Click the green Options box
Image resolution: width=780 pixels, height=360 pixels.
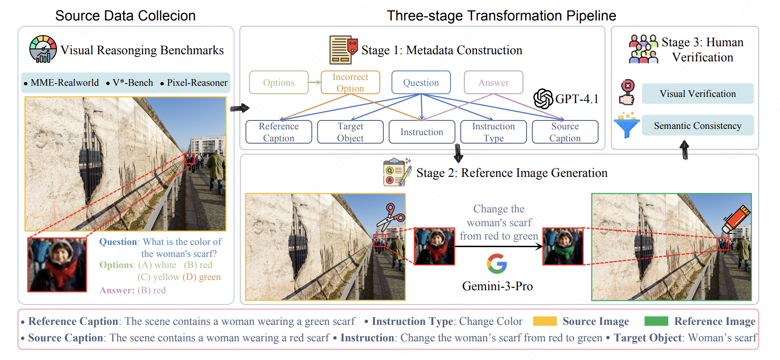pos(279,82)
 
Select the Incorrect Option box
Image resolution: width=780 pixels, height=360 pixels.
pos(350,82)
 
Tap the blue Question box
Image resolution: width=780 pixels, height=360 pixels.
pos(421,82)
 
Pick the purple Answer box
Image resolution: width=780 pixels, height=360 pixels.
pos(494,82)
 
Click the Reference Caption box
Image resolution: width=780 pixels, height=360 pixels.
pos(279,132)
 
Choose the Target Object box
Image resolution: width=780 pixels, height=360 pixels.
pos(350,132)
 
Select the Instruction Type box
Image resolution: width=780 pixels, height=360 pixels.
pos(494,132)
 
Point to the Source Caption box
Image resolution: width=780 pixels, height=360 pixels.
pos(565,132)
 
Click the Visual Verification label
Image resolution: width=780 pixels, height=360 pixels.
pos(698,94)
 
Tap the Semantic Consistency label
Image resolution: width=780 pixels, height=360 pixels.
pos(698,126)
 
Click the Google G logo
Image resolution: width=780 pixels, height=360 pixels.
pos(497,264)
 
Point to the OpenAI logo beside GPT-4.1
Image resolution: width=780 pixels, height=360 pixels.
pos(543,99)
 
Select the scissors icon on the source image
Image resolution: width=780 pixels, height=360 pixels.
pos(390,217)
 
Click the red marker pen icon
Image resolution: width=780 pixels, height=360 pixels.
pos(736,219)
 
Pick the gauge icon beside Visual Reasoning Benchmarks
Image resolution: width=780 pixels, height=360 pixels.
pos(43,49)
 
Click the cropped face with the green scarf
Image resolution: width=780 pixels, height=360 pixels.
pos(563,247)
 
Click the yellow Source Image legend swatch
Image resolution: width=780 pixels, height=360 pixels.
pos(545,321)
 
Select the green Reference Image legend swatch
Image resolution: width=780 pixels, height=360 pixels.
pos(656,321)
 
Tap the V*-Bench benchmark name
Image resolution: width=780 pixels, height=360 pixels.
pos(133,83)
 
